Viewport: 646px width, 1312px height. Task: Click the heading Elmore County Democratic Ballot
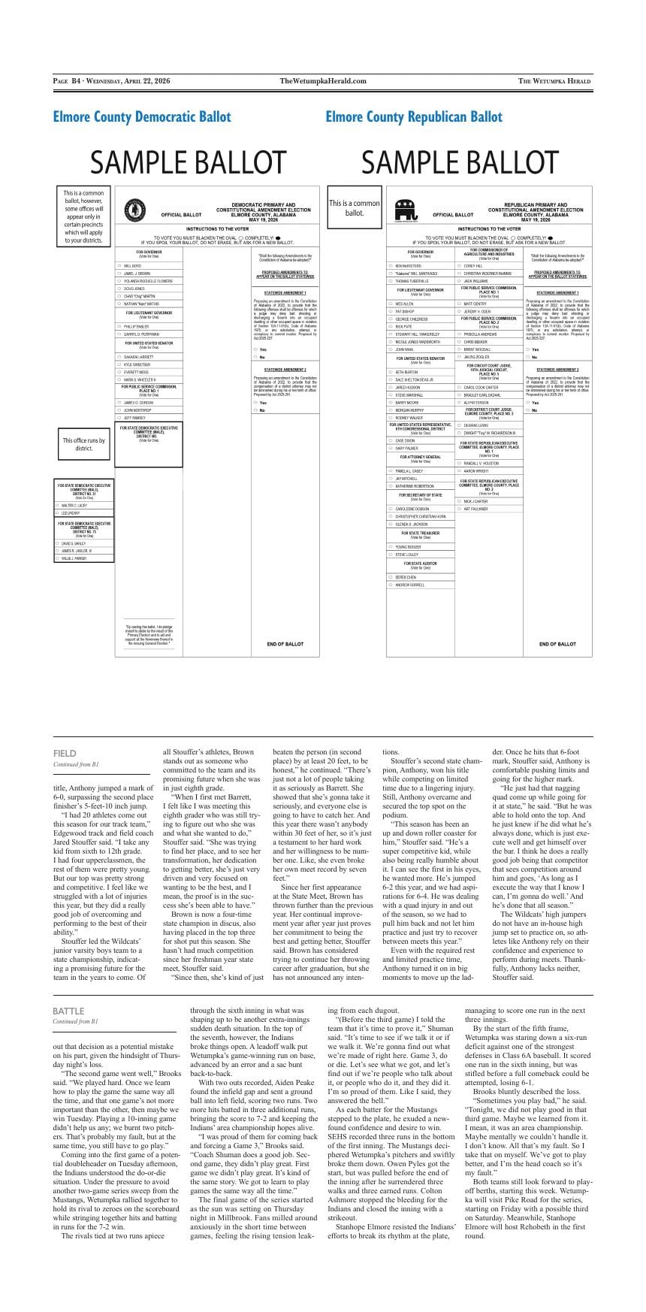point(142,116)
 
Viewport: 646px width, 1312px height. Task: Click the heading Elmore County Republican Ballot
point(414,116)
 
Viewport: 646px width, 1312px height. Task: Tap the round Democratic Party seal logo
point(134,210)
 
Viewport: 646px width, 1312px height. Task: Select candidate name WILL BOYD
point(132,266)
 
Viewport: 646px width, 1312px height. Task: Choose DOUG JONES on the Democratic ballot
point(134,289)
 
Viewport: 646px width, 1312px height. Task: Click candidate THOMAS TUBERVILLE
point(412,281)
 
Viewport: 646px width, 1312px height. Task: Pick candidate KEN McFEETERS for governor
point(409,266)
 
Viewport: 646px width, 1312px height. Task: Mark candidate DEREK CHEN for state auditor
point(406,577)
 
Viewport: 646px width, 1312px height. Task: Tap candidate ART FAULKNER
point(475,509)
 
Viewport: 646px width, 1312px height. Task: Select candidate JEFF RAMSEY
point(134,418)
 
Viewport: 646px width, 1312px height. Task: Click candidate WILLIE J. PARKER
point(74,558)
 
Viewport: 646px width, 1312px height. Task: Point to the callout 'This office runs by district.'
point(84,444)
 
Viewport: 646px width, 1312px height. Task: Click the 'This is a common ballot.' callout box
point(355,207)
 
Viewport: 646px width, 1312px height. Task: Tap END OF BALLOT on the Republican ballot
point(557,644)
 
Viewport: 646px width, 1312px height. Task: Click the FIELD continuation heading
point(65,753)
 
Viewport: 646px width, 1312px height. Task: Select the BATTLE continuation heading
point(68,1011)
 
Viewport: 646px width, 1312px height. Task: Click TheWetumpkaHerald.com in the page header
point(323,81)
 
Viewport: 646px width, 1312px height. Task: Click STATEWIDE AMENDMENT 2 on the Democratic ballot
point(285,370)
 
